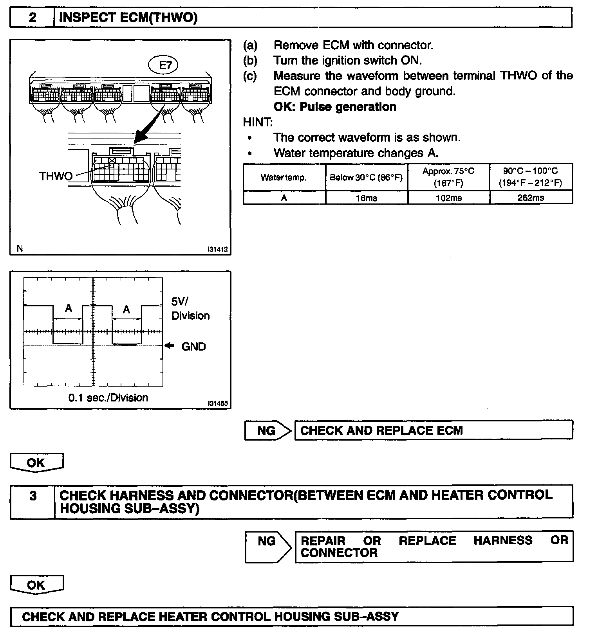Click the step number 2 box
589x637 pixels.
coord(32,18)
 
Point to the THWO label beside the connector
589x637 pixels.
coord(56,176)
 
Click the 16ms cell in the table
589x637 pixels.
coord(366,198)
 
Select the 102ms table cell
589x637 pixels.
coord(448,198)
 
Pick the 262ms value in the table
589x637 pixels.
coord(531,198)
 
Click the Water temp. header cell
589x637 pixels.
coord(284,178)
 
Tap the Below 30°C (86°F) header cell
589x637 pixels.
coord(366,178)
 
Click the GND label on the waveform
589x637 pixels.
coord(193,346)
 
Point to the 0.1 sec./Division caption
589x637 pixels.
coord(108,398)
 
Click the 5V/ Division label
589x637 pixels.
coord(190,309)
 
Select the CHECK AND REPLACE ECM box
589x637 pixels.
coord(433,430)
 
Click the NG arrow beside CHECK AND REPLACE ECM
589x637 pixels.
coord(267,431)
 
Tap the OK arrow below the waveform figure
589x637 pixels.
coord(36,463)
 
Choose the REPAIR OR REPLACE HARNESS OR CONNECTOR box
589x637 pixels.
coord(433,546)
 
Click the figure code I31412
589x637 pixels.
coord(218,249)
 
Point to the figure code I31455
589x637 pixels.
coord(218,403)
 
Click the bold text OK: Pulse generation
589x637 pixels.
coord(335,107)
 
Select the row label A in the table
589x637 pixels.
coord(284,198)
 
